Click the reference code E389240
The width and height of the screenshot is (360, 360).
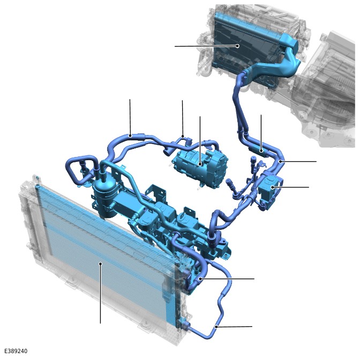click(16, 351)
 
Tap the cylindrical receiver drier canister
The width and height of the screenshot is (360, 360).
click(104, 198)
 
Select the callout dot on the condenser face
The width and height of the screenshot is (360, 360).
click(100, 264)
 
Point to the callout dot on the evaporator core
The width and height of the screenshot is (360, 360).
click(238, 46)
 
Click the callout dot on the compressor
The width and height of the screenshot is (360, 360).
click(200, 164)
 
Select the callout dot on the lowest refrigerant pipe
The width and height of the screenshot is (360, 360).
click(216, 326)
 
